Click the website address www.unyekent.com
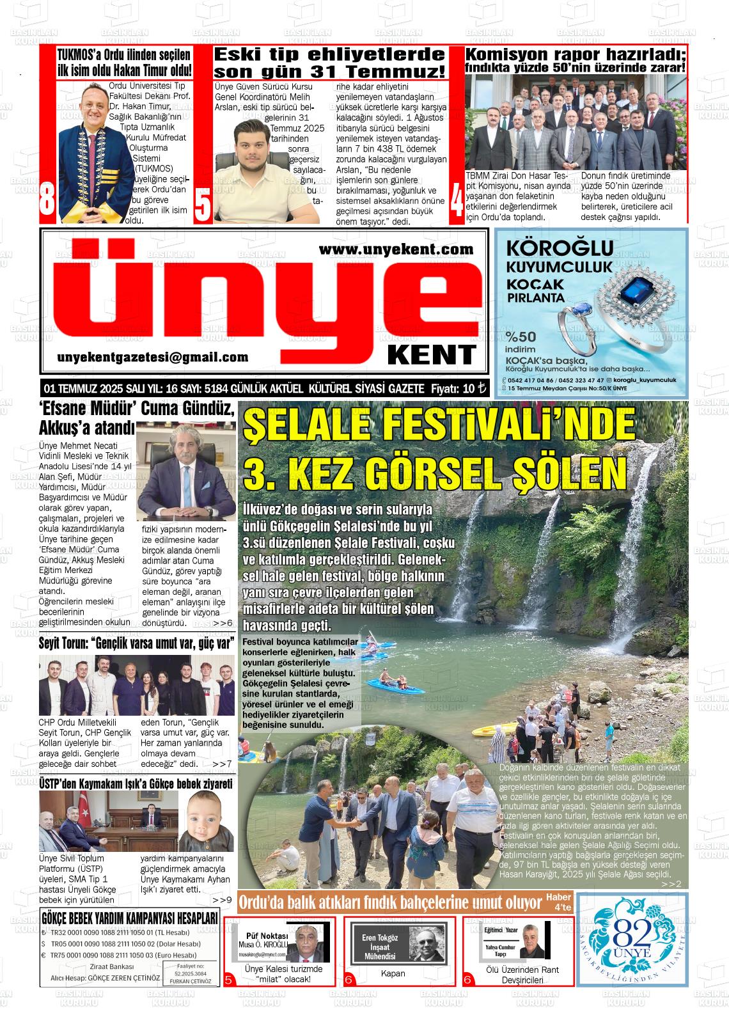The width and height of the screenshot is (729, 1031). click(396, 249)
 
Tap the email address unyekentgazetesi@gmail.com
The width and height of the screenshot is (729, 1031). click(152, 358)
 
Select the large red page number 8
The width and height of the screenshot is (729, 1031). click(47, 200)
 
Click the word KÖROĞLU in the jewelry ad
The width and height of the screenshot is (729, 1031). click(559, 248)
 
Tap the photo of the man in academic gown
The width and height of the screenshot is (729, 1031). click(90, 153)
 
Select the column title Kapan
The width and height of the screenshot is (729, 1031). click(393, 973)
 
